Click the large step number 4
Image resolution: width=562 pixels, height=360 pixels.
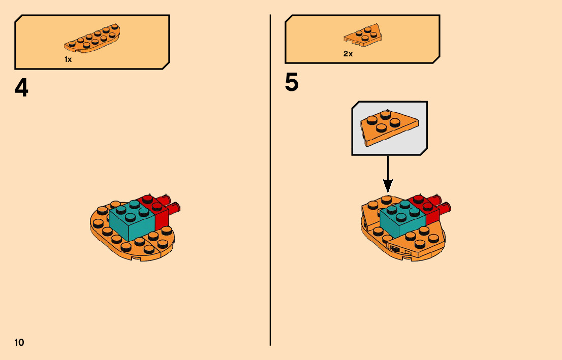tap(21, 89)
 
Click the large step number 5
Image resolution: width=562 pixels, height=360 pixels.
tap(292, 83)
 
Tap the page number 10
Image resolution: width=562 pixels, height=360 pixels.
tap(19, 342)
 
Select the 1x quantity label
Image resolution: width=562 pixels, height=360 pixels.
tap(68, 59)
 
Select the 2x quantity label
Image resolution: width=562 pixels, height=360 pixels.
tap(348, 54)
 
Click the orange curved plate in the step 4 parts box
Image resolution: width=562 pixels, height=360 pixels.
tap(92, 39)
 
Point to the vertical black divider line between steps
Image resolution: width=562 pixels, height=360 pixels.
tap(270, 203)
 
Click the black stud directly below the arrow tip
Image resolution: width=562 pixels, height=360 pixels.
tap(387, 199)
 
